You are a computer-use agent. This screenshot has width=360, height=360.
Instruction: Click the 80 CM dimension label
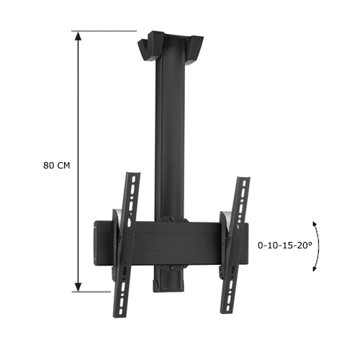(58, 165)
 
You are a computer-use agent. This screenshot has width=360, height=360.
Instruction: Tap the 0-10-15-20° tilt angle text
(285, 246)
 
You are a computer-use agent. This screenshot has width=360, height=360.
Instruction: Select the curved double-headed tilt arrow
(318, 246)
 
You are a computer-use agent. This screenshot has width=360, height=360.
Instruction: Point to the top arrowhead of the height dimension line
(77, 35)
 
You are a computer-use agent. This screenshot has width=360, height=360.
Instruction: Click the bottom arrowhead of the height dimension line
(77, 287)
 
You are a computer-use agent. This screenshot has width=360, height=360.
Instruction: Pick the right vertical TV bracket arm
(234, 245)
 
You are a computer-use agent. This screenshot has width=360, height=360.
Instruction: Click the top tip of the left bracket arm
(132, 174)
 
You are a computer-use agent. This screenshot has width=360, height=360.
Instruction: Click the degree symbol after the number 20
(310, 243)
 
